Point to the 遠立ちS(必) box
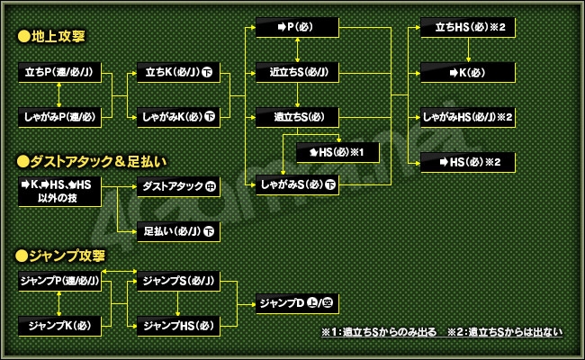tap(297, 117)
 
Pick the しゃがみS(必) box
tap(297, 185)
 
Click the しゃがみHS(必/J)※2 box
tap(468, 117)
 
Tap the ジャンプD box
tap(297, 303)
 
